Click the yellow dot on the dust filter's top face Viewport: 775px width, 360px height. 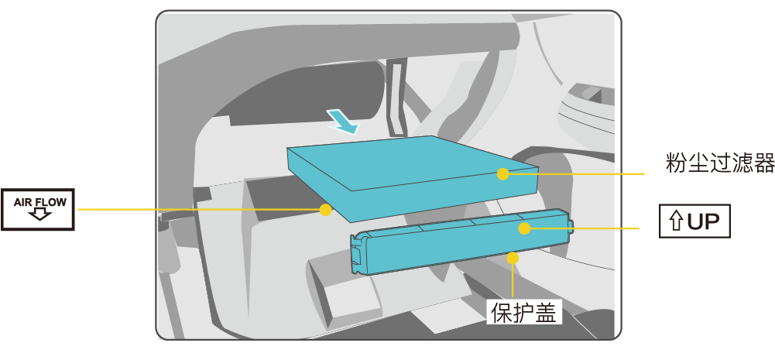pyautogui.click(x=502, y=174)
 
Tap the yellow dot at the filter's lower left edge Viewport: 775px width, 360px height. pyautogui.click(x=325, y=210)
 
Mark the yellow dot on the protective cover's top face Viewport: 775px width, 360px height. pyautogui.click(x=524, y=228)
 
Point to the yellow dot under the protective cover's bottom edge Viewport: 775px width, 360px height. pyautogui.click(x=513, y=258)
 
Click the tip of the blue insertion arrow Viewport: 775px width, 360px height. pyautogui.click(x=356, y=134)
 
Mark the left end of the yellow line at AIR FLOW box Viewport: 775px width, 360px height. pyautogui.click(x=78, y=210)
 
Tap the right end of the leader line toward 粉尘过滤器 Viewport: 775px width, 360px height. pyautogui.click(x=645, y=174)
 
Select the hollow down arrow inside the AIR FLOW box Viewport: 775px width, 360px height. pyautogui.click(x=38, y=214)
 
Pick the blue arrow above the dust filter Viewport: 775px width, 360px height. pyautogui.click(x=342, y=122)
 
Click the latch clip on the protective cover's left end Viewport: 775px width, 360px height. pyautogui.click(x=357, y=254)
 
